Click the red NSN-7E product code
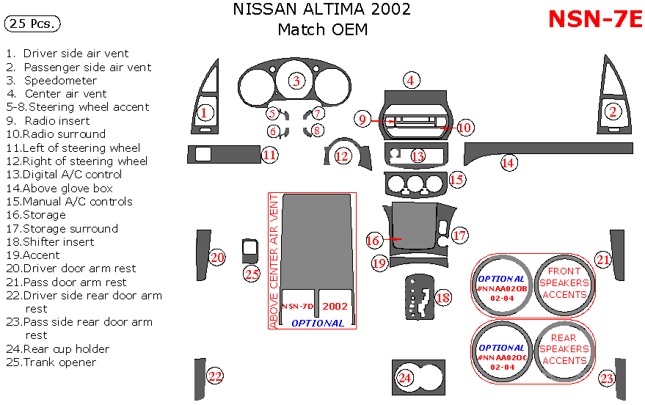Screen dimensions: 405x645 (595, 20)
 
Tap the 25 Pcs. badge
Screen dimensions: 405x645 (32, 24)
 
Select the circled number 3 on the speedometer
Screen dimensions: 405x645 (296, 81)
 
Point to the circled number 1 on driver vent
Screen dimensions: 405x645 (205, 112)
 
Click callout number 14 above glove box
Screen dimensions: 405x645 (508, 163)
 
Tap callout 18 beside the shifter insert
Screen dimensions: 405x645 (443, 298)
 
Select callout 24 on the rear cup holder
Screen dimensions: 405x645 (405, 378)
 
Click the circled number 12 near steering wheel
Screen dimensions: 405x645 (342, 156)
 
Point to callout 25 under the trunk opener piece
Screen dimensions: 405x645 (252, 274)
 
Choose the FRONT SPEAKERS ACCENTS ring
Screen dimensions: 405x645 (563, 282)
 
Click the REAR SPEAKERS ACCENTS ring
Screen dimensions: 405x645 (563, 349)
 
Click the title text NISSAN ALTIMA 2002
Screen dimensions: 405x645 (321, 10)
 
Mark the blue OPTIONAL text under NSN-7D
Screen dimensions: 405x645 (317, 323)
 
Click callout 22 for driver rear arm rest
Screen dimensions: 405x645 (214, 376)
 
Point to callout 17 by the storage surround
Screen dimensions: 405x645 (459, 235)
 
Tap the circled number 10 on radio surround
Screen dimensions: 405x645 (464, 127)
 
